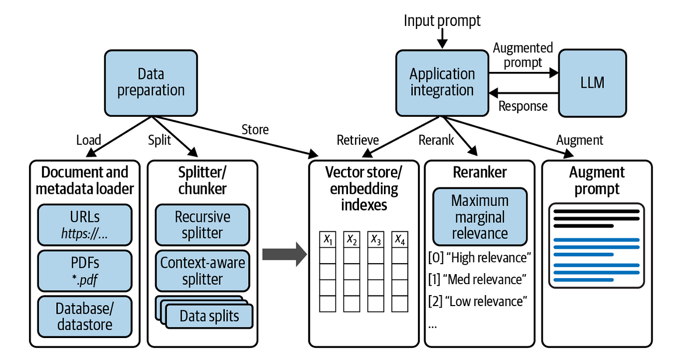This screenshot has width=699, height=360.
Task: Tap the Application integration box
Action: (442, 82)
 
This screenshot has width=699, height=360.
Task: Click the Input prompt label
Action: (442, 20)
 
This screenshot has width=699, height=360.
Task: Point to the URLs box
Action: (84, 225)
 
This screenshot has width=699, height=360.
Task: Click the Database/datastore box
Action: (84, 317)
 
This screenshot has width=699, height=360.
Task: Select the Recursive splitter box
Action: (202, 225)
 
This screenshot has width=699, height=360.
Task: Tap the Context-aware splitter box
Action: (202, 271)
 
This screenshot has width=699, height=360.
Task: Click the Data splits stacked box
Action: (209, 316)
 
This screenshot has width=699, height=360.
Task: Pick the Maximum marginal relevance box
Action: (479, 217)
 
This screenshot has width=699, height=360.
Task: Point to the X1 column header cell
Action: (328, 240)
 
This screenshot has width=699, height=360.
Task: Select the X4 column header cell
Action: (400, 240)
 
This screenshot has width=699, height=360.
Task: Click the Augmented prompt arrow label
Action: (523, 55)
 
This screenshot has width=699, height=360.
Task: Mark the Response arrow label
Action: (523, 106)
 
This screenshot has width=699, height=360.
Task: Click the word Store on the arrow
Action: (255, 130)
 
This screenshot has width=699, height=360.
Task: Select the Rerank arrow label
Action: (435, 140)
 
